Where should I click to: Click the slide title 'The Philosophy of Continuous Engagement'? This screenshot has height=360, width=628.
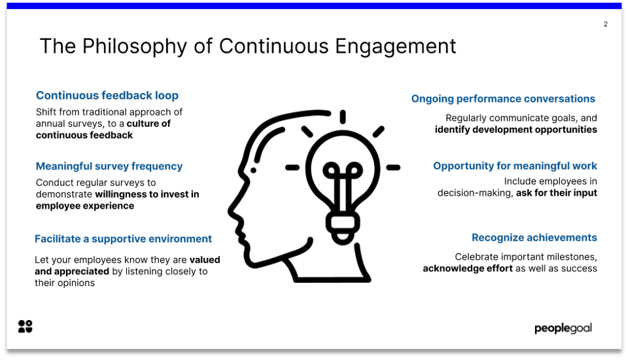click(x=247, y=46)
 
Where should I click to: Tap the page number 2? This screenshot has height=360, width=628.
click(x=605, y=24)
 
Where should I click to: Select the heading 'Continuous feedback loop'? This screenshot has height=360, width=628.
click(x=107, y=96)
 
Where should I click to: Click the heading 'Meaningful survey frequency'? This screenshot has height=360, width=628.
click(x=109, y=166)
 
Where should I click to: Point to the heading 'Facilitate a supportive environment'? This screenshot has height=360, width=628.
click(x=123, y=239)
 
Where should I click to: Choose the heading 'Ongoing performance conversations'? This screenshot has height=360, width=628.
click(x=503, y=99)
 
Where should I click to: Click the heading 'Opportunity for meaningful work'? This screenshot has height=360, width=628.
click(x=515, y=166)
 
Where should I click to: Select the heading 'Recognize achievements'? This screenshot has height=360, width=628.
click(x=534, y=238)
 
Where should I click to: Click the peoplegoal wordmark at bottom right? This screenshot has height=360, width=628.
click(x=563, y=328)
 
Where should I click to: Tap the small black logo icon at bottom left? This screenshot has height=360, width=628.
click(x=25, y=326)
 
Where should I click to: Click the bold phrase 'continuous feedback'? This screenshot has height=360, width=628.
click(x=84, y=135)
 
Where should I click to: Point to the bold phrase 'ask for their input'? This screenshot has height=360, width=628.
click(x=556, y=192)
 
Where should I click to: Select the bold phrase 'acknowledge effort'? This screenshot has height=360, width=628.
click(x=467, y=268)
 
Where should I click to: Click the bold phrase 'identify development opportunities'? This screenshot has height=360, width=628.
click(x=515, y=130)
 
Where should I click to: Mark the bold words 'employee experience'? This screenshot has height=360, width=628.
click(x=85, y=206)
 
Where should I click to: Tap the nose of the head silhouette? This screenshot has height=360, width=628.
click(x=233, y=211)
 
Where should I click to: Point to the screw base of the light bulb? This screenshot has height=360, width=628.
click(x=342, y=226)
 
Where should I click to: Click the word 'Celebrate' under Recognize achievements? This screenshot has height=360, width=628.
click(x=477, y=257)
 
